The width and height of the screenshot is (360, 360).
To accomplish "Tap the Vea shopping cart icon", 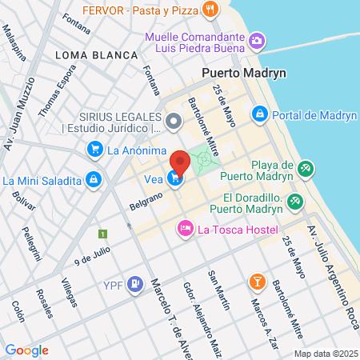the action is point(174,179).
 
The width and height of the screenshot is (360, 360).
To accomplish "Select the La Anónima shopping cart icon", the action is point(95,149).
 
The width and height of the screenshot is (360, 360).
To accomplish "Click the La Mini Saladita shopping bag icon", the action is point(94,179).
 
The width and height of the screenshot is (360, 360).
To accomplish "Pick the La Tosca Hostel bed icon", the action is point(186,230).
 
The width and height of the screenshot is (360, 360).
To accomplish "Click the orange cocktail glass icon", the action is point(258,281).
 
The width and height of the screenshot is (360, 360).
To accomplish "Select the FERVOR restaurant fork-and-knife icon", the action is point(210,10).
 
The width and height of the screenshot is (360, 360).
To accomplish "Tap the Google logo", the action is point(26,350).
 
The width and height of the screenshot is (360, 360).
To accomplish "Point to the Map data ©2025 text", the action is point(324,354).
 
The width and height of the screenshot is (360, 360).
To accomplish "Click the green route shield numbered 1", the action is point(102,234).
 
